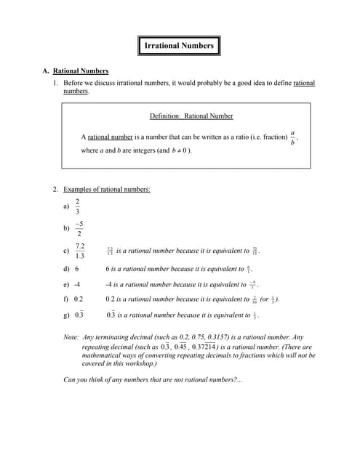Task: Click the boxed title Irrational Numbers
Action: (179, 46)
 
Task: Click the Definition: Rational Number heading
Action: (191, 116)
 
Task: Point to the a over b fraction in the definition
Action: (292, 137)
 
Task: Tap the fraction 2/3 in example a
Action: (77, 206)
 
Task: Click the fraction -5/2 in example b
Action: (78, 228)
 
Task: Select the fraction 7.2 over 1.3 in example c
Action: (79, 251)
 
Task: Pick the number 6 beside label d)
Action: (76, 269)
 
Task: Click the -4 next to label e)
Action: (77, 284)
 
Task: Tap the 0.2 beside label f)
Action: (79, 299)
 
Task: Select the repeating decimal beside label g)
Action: (79, 315)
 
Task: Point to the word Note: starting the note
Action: (71, 338)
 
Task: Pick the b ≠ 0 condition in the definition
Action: (179, 150)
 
